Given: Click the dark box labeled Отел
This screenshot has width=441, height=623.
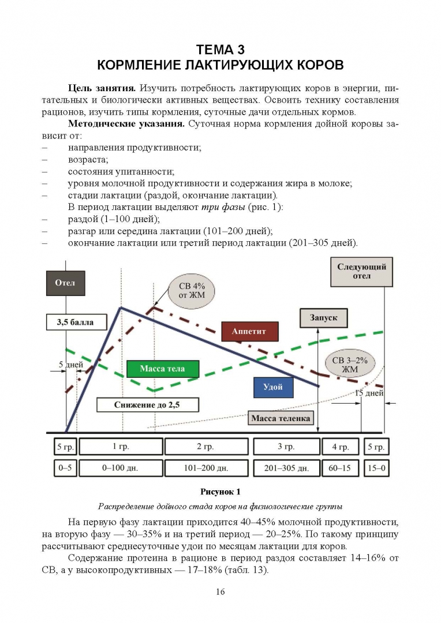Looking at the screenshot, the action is pos(66,283).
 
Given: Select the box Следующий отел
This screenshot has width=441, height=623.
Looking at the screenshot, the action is pos(361,272).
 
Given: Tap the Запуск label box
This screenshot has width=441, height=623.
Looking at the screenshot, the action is pos(324,318).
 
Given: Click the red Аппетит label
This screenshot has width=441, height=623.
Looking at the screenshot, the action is pos(249,331).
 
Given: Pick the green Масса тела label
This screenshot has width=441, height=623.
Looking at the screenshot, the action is pos(163,369).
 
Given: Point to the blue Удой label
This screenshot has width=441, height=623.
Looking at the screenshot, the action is pos(273,387).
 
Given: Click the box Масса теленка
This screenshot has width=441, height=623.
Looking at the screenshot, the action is pos(281,418).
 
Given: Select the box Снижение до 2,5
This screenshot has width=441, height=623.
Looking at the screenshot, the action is pos(148,405).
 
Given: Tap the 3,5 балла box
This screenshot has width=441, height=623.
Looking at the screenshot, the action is pos(76,322).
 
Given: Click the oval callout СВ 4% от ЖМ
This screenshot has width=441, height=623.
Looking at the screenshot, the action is pos(192,290).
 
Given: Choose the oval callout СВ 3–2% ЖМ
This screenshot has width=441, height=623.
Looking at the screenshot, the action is pos(350,365).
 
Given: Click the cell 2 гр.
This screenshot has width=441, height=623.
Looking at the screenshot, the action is pos(207,446).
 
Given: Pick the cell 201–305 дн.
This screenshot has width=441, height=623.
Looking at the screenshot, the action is pos(287,468).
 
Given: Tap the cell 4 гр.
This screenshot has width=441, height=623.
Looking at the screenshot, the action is pos(341,446).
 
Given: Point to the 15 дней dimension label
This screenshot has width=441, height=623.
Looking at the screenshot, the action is pos(369,393).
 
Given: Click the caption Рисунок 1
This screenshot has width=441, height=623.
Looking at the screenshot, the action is pos(220,492).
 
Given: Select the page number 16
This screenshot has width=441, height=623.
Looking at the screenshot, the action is pos(220,592).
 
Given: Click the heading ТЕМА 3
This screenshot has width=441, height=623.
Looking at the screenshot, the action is pos(220,50).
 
